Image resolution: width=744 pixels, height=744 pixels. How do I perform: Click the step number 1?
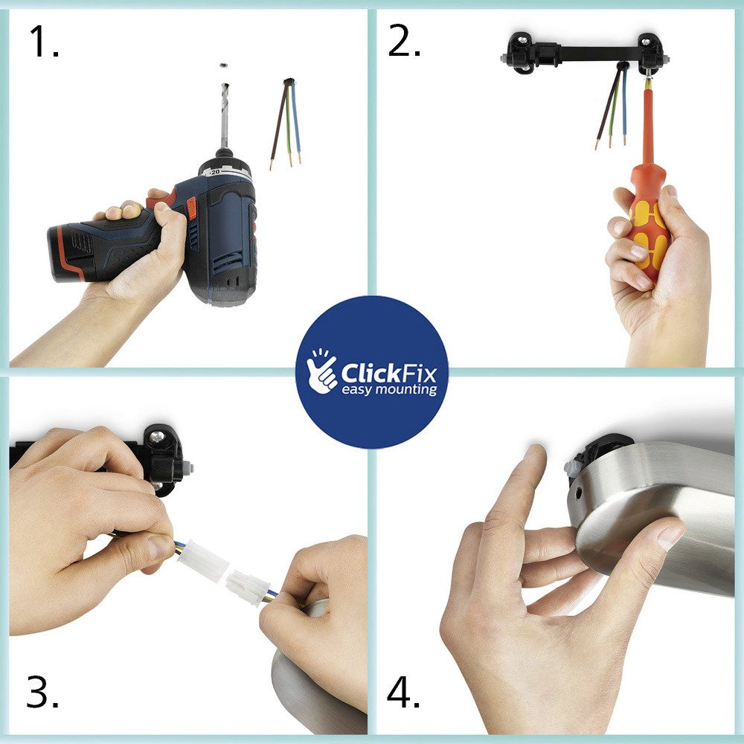tap(44, 41)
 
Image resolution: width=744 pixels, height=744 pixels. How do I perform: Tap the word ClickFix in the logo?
tap(388, 373)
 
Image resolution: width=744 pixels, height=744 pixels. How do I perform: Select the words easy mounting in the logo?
tap(389, 390)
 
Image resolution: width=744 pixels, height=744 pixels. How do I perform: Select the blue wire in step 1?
tap(295, 123)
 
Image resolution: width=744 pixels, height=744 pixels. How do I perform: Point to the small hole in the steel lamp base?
tap(580, 495)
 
